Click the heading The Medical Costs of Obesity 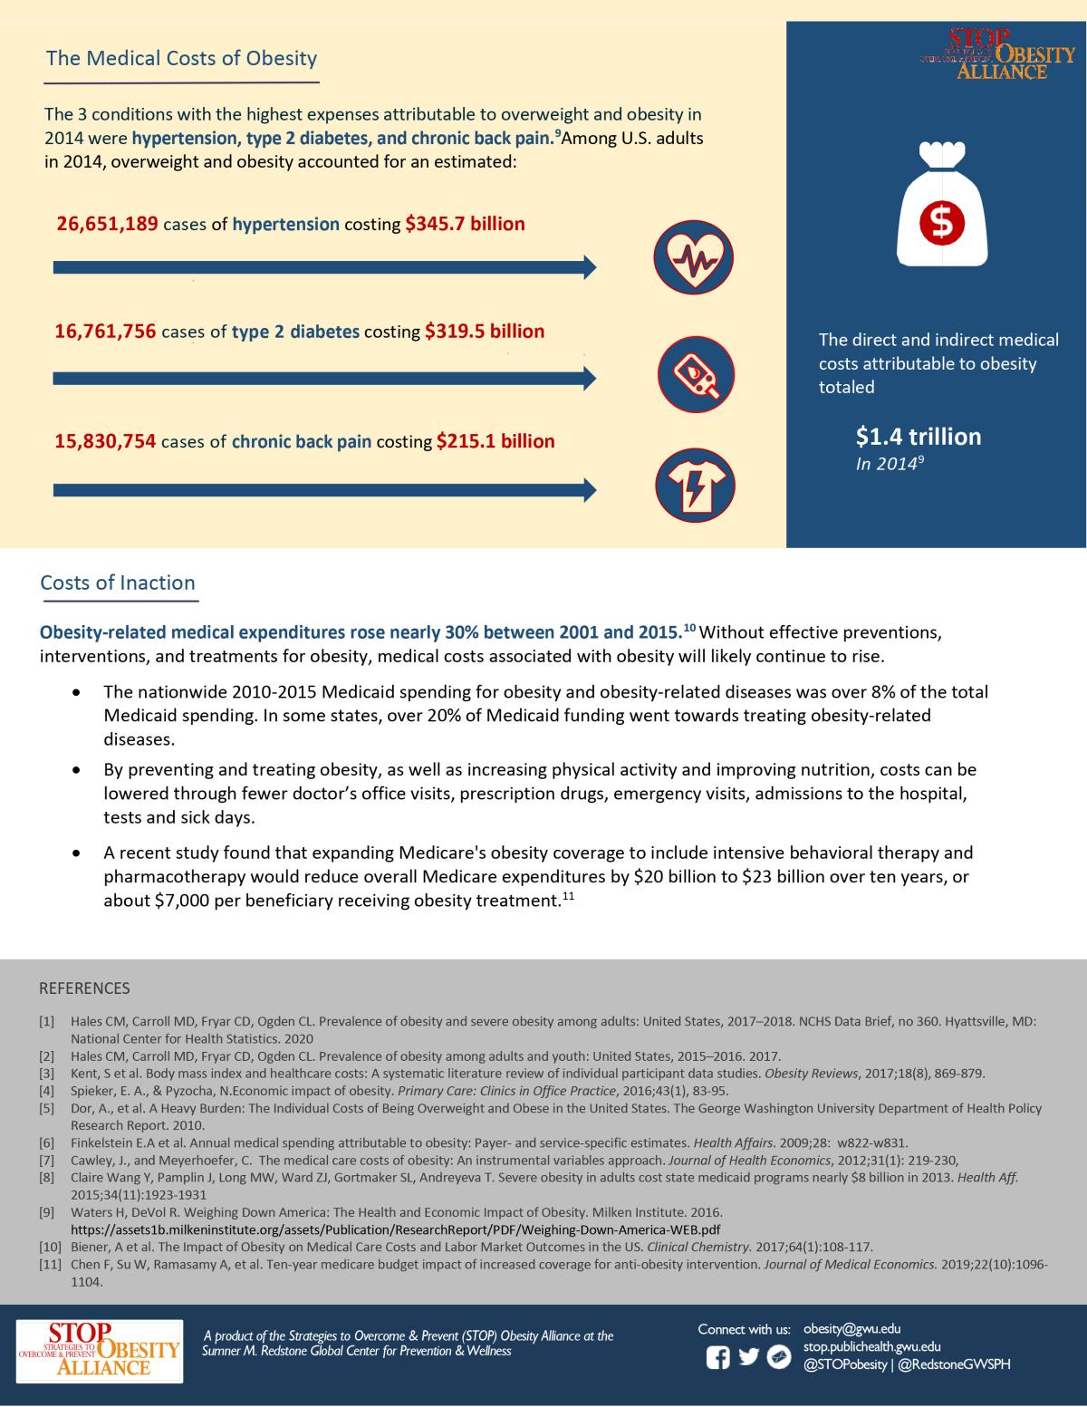(181, 59)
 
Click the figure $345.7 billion (465, 223)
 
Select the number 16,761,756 (106, 332)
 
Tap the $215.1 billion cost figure (495, 441)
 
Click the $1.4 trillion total (918, 438)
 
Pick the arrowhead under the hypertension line (589, 266)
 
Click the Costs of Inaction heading (118, 583)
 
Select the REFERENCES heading (84, 988)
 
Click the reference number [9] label (47, 1212)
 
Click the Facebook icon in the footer (717, 1358)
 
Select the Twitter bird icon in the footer (748, 1357)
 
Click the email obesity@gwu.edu (851, 1329)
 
